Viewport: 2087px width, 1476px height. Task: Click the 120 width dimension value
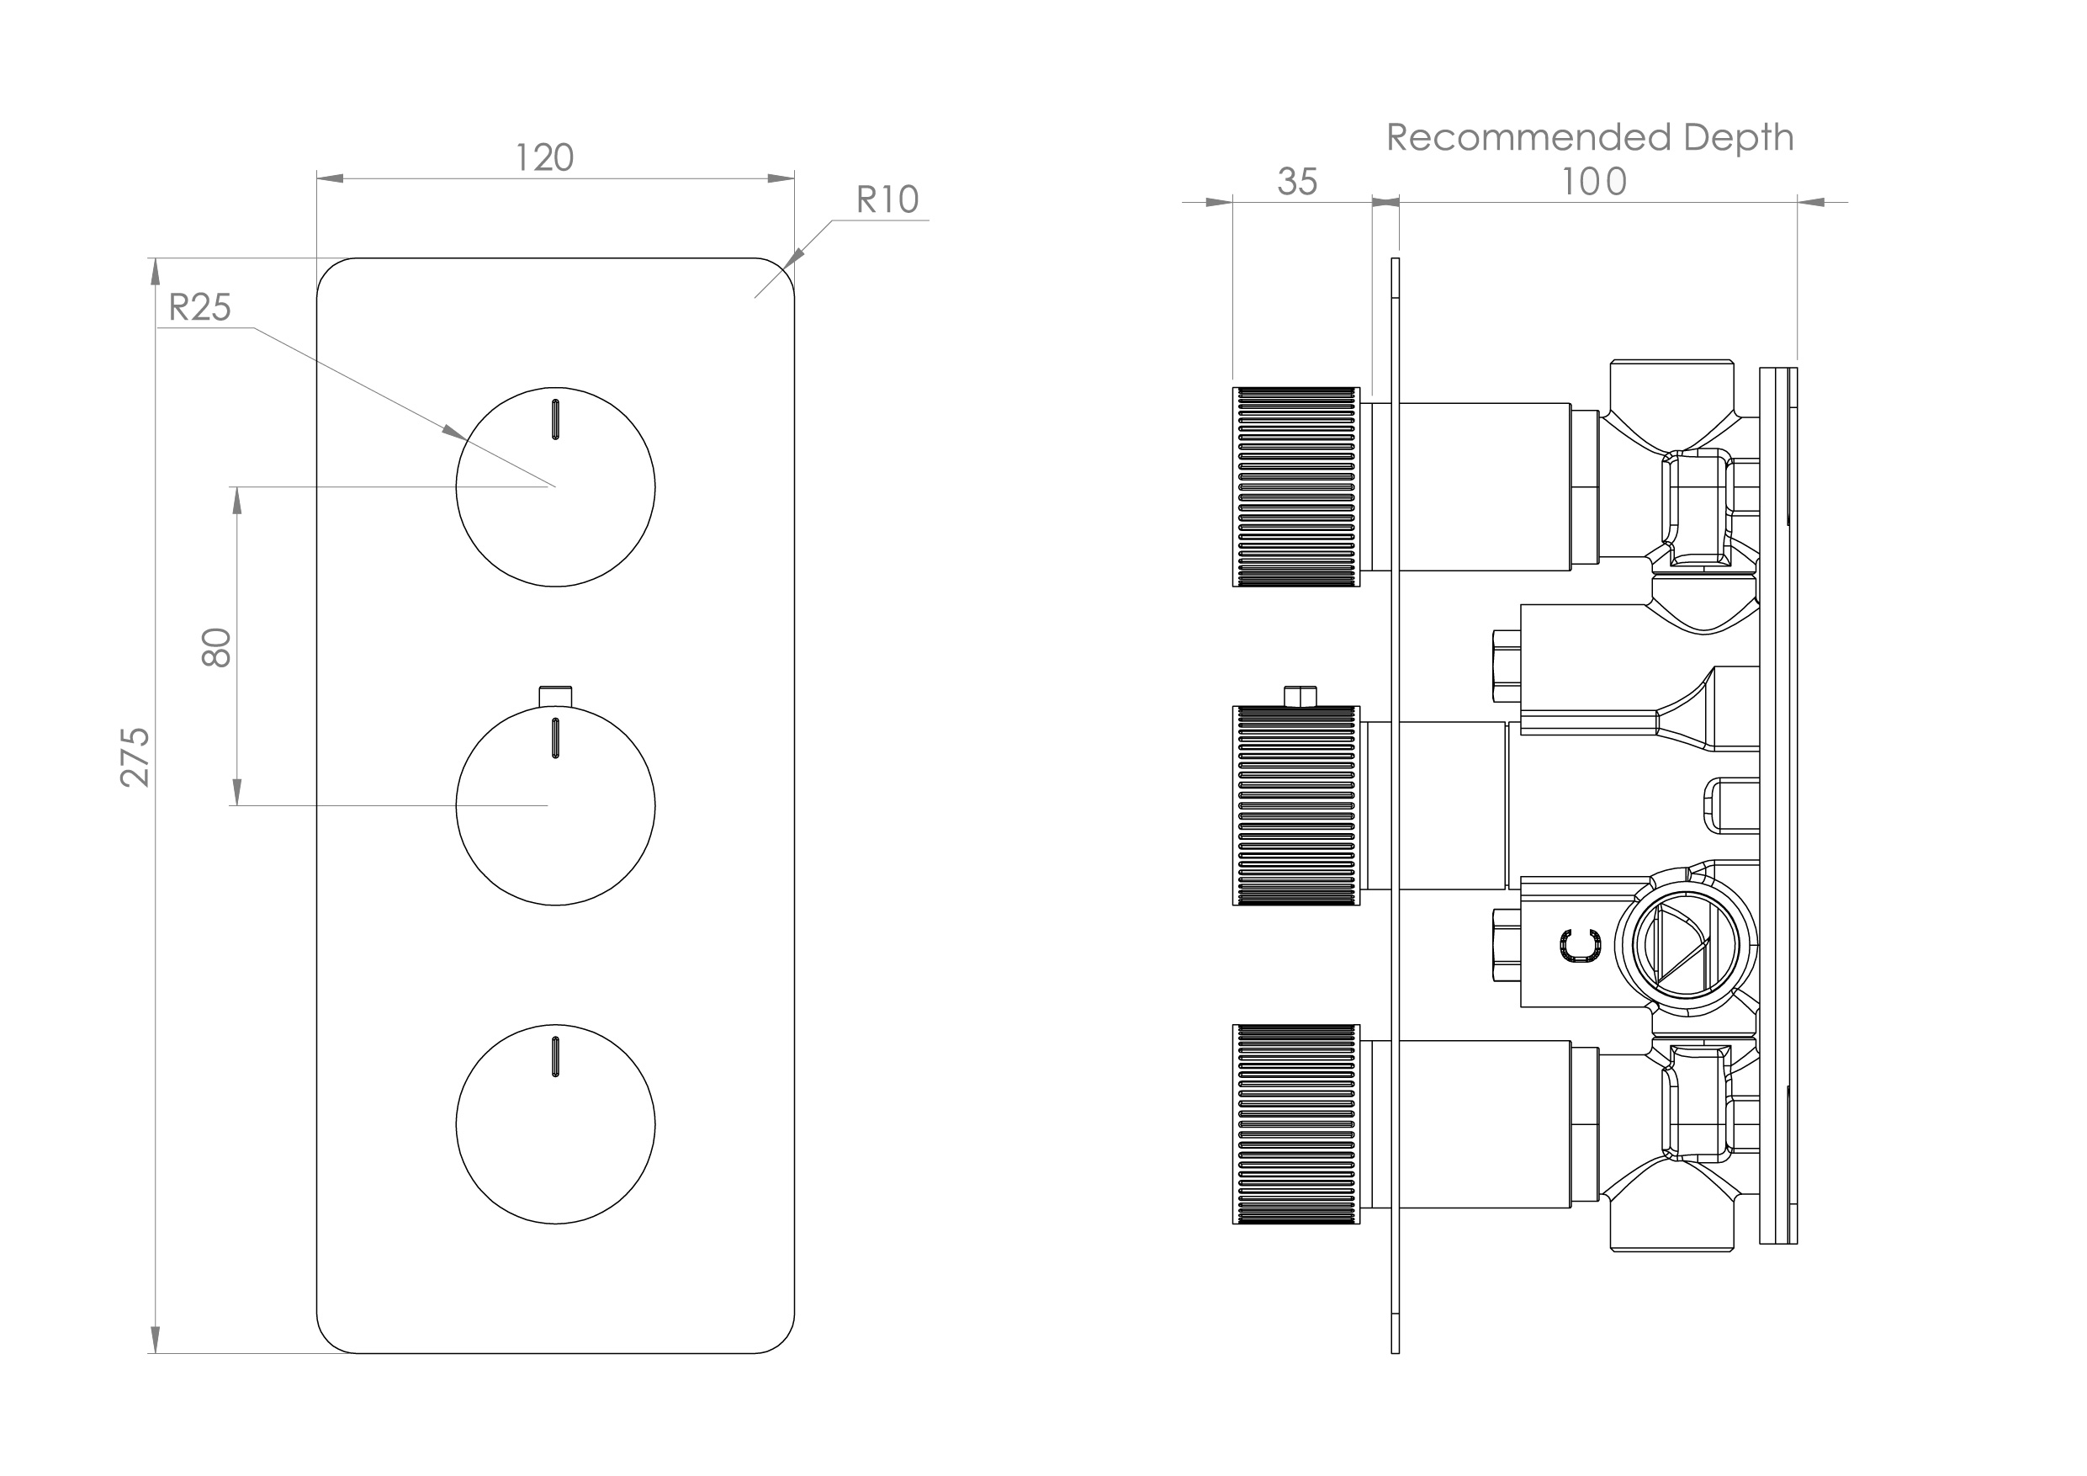coord(544,158)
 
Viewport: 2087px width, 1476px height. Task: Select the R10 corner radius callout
coord(887,200)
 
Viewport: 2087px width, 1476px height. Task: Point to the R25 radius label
coord(200,307)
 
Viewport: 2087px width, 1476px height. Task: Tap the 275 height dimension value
coord(135,757)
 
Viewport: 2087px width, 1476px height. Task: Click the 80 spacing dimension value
coord(216,647)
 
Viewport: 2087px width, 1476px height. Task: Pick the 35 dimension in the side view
coord(1296,182)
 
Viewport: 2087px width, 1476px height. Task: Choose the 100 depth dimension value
coord(1593,182)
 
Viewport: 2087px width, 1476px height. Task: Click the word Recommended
coord(1528,137)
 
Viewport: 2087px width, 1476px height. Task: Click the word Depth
coord(1738,137)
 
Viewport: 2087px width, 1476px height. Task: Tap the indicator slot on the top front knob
coord(554,419)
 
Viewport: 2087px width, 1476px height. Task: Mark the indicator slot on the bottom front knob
coord(554,1056)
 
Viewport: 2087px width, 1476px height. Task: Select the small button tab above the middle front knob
coord(555,695)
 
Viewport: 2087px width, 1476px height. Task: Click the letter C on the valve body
coord(1581,946)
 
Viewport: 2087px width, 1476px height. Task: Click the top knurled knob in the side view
coord(1295,486)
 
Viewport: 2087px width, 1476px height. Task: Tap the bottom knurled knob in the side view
coord(1295,1124)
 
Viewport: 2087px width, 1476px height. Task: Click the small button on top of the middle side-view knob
coord(1300,696)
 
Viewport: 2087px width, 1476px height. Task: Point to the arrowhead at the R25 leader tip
coord(454,433)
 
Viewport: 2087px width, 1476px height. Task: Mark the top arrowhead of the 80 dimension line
coord(237,499)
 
